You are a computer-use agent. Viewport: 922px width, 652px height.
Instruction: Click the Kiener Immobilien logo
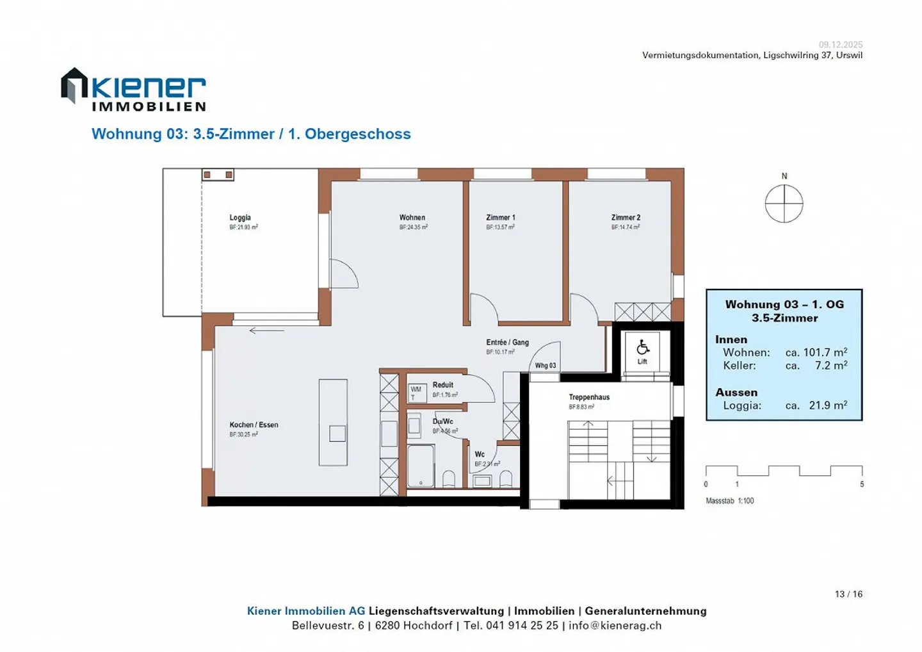click(x=133, y=90)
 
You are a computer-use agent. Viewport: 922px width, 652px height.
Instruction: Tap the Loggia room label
click(x=240, y=218)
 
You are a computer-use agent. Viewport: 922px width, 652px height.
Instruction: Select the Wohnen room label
click(x=412, y=218)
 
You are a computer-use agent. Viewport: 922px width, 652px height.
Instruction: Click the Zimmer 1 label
click(x=500, y=218)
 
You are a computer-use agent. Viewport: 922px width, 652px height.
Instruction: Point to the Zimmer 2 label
click(x=626, y=218)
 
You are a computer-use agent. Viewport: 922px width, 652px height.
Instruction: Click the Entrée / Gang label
click(x=507, y=343)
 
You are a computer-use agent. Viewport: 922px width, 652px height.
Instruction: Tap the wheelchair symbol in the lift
click(x=643, y=348)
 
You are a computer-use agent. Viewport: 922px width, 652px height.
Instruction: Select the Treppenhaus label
click(x=589, y=397)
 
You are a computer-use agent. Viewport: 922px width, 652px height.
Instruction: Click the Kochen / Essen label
click(x=254, y=425)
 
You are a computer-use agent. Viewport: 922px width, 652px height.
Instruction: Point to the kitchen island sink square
click(x=337, y=434)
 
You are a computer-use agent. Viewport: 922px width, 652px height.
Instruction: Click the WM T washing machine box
click(x=416, y=393)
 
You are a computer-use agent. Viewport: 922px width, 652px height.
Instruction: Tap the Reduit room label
click(x=442, y=385)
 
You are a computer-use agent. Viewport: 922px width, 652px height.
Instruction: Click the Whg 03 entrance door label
click(x=546, y=366)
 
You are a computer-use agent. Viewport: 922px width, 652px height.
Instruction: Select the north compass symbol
click(x=784, y=204)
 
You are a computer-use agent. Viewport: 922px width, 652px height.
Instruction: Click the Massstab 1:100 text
click(x=729, y=501)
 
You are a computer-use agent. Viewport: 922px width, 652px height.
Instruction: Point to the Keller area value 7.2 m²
click(x=830, y=366)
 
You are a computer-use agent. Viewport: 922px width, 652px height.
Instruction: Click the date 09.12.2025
click(x=840, y=44)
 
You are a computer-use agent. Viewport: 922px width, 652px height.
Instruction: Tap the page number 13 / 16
click(x=848, y=594)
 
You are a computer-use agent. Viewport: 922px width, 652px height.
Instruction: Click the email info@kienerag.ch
click(x=615, y=626)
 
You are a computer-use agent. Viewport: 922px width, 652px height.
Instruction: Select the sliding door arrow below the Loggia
click(x=266, y=330)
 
